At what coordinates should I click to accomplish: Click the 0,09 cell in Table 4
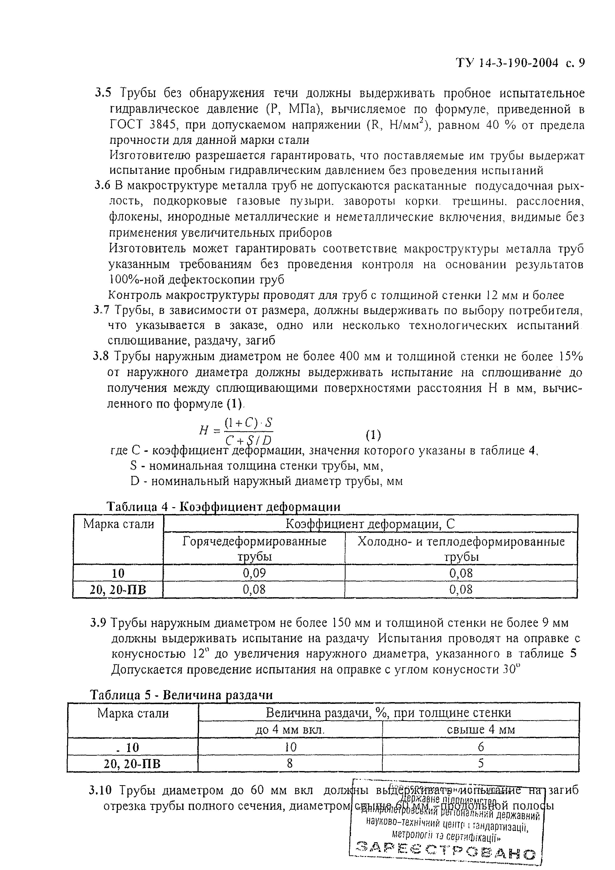point(254,573)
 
